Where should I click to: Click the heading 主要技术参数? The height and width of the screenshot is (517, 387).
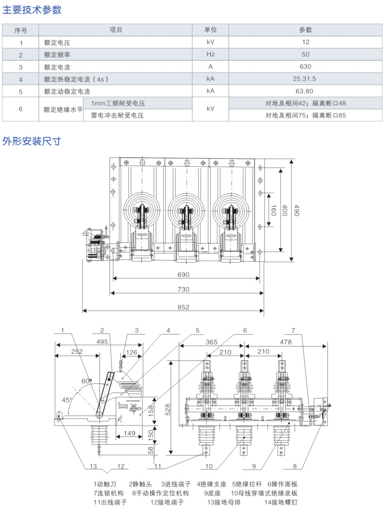32,10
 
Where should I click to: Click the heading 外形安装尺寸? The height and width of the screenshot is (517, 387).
32,141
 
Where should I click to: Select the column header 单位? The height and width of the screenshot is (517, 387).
210,30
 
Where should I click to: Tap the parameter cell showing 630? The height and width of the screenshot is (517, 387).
305,67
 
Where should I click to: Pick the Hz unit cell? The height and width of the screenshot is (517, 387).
210,54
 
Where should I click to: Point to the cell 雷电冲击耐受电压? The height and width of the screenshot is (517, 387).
117,116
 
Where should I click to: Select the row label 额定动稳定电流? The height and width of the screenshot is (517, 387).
67,91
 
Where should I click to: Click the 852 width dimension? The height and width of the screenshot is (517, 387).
183,307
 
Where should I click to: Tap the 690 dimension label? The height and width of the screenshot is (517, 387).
183,275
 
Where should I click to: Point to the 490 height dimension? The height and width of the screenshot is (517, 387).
297,210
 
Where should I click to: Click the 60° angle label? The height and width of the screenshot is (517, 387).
87,381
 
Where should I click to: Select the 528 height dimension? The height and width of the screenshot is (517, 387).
168,410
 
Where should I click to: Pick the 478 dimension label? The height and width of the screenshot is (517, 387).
286,342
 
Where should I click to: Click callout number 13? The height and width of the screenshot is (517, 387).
93,466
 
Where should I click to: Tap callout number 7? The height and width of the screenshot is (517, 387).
293,330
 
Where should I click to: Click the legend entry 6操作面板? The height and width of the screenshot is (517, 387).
282,484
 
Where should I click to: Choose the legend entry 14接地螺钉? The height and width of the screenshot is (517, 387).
281,502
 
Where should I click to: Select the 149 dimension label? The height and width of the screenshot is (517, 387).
129,433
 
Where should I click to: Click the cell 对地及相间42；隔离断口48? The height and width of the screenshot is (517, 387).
305,103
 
